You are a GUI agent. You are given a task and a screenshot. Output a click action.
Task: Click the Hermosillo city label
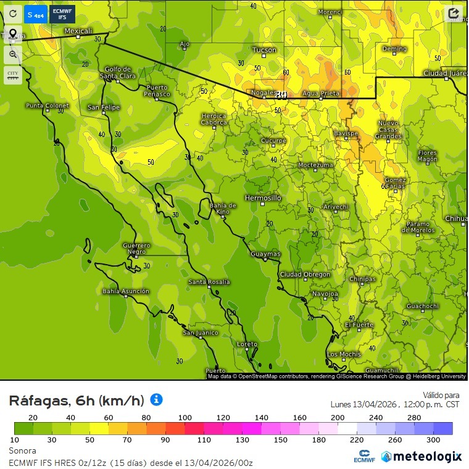pyautogui.click(x=263, y=198)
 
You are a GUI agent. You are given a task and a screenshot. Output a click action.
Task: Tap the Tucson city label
pyautogui.click(x=265, y=50)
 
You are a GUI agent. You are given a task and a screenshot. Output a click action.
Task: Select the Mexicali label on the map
pyautogui.click(x=78, y=31)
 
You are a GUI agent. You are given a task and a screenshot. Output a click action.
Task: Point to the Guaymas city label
pyautogui.click(x=265, y=254)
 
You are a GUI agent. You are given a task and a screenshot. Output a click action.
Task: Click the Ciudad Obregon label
pyautogui.click(x=305, y=275)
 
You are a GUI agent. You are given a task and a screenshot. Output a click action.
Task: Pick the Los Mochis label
pyautogui.click(x=344, y=354)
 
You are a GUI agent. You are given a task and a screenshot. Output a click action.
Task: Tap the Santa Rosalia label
pyautogui.click(x=209, y=282)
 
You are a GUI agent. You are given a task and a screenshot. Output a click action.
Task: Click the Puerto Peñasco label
pyautogui.click(x=157, y=91)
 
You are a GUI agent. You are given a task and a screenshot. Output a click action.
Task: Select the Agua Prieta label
pyautogui.click(x=321, y=93)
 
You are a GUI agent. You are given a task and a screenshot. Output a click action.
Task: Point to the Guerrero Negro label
pyautogui.click(x=136, y=248)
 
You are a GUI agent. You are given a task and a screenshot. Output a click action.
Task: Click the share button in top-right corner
pyautogui.click(x=454, y=13)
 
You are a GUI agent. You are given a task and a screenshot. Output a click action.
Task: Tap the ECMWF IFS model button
pyautogui.click(x=62, y=14)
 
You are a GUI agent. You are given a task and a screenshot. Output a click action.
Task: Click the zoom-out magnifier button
pyautogui.click(x=12, y=54)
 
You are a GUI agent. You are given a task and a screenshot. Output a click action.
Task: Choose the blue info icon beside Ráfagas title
pyautogui.click(x=157, y=400)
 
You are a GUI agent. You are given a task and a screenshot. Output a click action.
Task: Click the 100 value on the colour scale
pyautogui.click(x=185, y=418)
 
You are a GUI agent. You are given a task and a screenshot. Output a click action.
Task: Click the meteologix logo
pyautogui.click(x=421, y=456)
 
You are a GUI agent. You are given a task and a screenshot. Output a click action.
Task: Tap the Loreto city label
pyautogui.click(x=247, y=344)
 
